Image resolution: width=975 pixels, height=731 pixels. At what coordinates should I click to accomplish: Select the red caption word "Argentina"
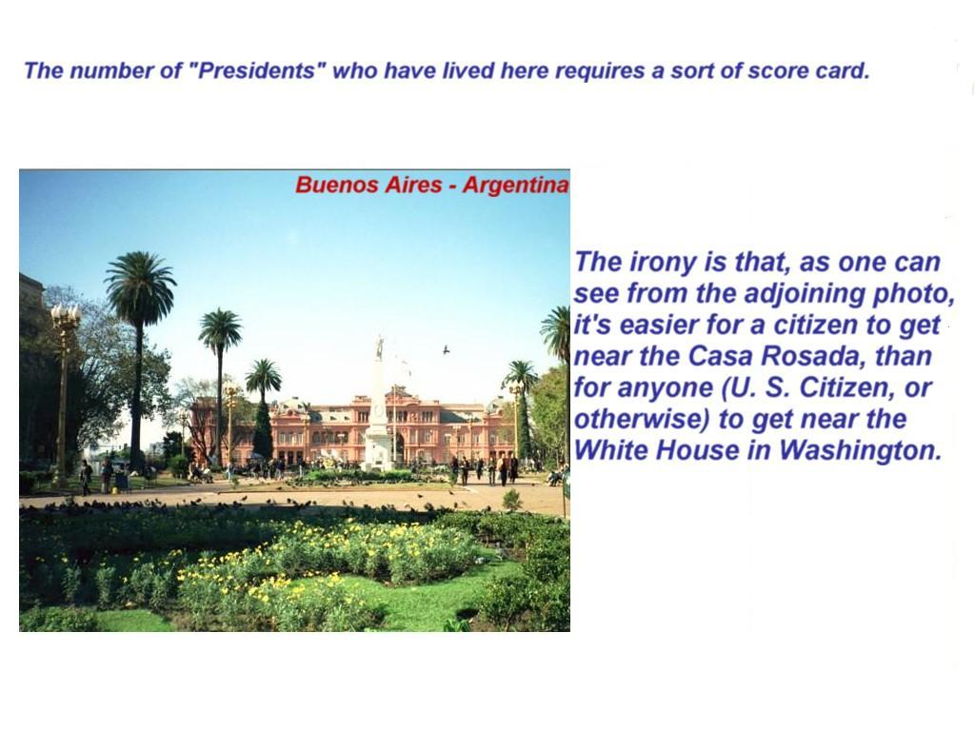pos(515,185)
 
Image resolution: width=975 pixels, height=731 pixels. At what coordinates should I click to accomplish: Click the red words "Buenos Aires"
pos(368,184)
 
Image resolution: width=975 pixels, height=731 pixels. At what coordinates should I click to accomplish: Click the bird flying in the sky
pos(446,350)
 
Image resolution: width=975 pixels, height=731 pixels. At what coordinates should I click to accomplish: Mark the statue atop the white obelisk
pos(379,346)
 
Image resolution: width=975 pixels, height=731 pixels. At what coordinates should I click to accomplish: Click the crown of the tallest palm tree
pos(141,285)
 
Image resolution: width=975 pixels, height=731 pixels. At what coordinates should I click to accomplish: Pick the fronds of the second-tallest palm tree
pos(220,329)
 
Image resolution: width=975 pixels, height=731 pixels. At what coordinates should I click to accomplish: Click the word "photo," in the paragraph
pos(914,294)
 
